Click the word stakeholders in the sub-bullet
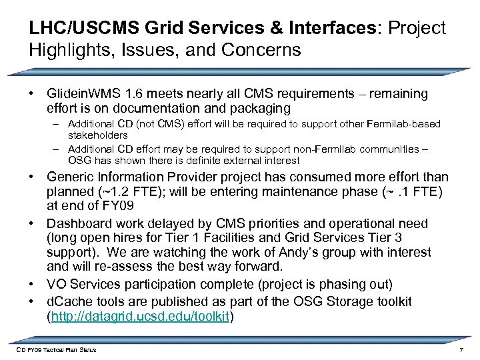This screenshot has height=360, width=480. point(97,135)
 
